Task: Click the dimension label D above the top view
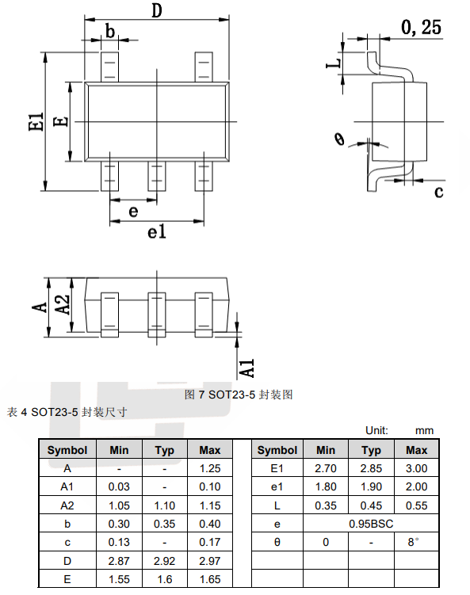pos(157,10)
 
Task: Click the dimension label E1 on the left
pos(36,121)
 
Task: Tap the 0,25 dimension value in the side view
pos(421,27)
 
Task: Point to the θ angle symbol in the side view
pos(340,139)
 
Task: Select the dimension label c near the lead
pos(439,192)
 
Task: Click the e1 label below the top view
pos(157,231)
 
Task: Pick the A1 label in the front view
pos(247,368)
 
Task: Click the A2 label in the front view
pos(63,305)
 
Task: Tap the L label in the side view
pos(334,63)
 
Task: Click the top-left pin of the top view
pos(109,67)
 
